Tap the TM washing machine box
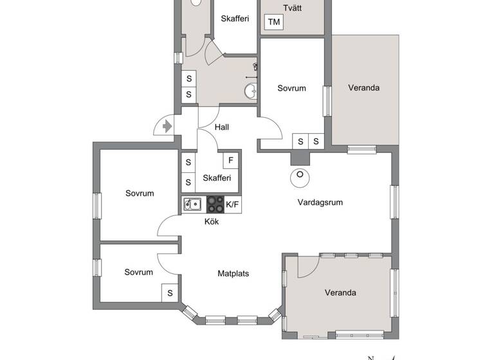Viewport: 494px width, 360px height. [x=274, y=22]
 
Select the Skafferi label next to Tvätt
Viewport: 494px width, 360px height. [x=235, y=19]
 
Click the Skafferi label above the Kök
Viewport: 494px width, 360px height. [x=216, y=178]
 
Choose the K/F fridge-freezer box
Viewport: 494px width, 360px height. [x=232, y=205]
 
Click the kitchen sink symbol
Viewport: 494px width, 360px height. [x=192, y=205]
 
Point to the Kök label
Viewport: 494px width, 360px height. [x=212, y=222]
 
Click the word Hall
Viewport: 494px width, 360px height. [x=221, y=127]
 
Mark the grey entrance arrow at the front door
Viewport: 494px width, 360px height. [x=167, y=127]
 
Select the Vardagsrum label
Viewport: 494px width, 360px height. [x=320, y=202]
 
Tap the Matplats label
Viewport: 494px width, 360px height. [x=233, y=273]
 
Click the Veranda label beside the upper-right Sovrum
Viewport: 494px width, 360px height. [x=364, y=87]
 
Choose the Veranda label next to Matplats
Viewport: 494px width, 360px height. [x=340, y=292]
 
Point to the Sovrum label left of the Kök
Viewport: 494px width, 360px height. [x=140, y=193]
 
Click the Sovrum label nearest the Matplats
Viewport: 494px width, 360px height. [x=139, y=272]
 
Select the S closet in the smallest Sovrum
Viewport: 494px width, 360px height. [x=170, y=292]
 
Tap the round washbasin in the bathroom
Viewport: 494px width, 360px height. [x=250, y=92]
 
